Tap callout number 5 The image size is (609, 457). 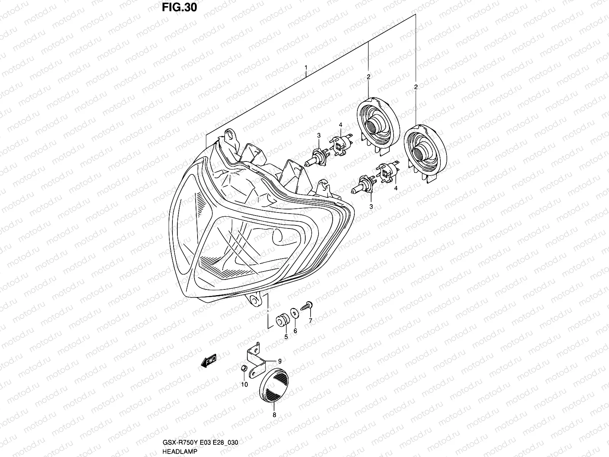pos(286,336)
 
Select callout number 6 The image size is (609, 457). pos(295,331)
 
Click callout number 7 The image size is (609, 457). pos(310,320)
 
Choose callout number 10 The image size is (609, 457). pos(244,385)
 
